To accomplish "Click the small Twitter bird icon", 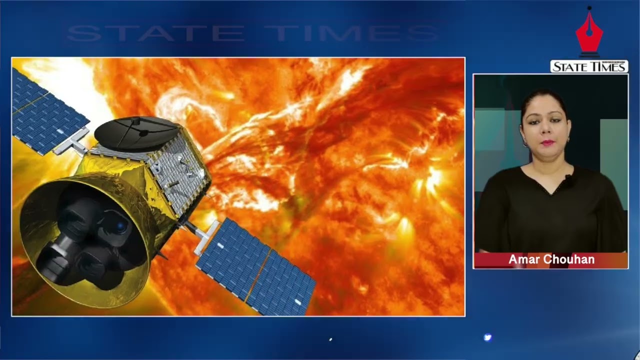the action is coord(487,337).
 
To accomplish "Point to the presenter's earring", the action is coord(525,143).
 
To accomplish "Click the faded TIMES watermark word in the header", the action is coord(351,33).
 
